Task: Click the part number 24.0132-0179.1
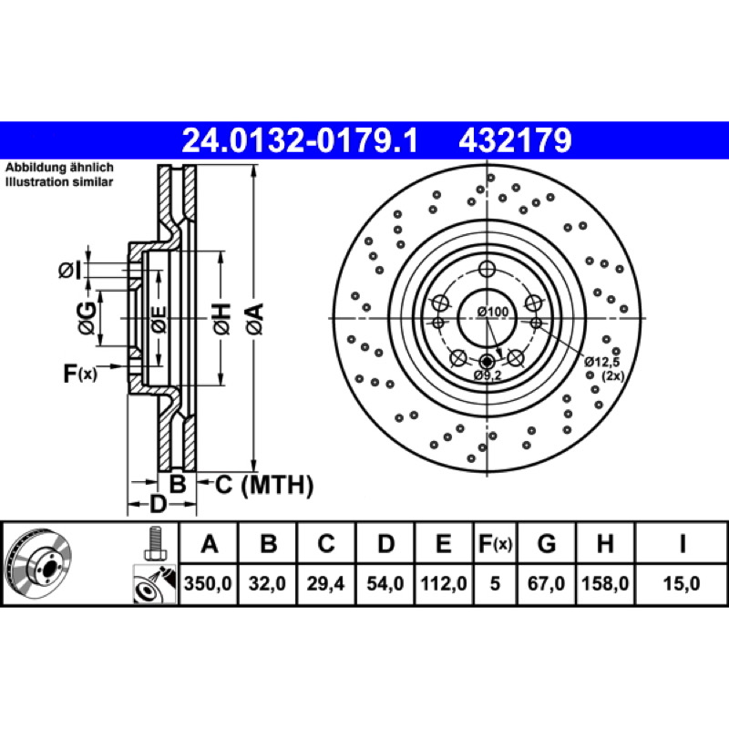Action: [301, 141]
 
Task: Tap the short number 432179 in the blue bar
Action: [515, 141]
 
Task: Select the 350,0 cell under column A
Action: [208, 583]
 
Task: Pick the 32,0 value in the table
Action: [267, 583]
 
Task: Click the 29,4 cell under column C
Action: [326, 583]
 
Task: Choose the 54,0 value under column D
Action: [385, 583]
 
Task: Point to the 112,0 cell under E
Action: [444, 583]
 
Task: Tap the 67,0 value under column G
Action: [546, 583]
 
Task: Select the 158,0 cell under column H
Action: [605, 583]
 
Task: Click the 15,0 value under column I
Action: [682, 583]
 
